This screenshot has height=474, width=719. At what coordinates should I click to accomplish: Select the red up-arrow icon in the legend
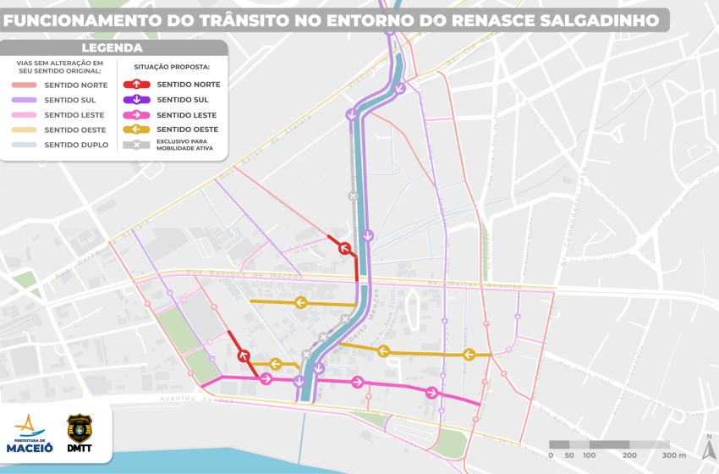tap(136, 85)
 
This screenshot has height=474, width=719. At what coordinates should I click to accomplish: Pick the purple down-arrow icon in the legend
tap(136, 100)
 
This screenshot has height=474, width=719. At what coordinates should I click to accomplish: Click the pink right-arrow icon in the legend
tap(136, 115)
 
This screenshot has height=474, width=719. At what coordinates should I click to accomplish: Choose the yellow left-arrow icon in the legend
tap(136, 130)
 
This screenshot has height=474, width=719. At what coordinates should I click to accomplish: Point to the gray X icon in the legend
tap(136, 145)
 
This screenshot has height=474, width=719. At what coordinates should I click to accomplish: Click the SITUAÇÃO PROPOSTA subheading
tap(172, 66)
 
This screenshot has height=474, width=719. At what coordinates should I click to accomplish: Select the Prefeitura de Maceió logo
tap(30, 433)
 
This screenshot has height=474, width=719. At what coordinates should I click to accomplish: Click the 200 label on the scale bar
tap(629, 455)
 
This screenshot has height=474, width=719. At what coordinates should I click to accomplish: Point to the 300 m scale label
tap(673, 455)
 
